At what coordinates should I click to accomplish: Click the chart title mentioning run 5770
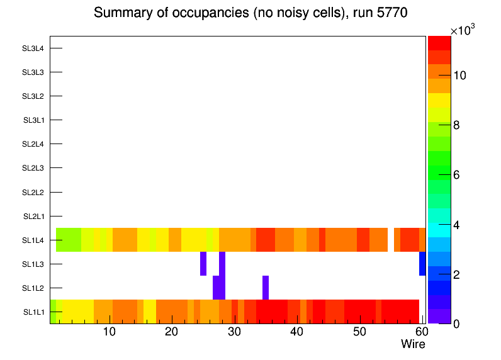point(250,13)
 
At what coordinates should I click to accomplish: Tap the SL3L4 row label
point(33,48)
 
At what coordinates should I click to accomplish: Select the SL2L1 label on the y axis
point(33,216)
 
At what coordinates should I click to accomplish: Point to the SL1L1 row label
point(33,312)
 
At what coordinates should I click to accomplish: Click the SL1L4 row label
point(33,240)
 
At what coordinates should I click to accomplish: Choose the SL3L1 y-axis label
point(33,120)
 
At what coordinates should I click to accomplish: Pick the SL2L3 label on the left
point(33,168)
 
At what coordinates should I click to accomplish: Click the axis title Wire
point(413,344)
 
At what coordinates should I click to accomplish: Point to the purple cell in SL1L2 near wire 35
point(266,288)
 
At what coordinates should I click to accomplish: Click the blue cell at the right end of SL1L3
point(422,264)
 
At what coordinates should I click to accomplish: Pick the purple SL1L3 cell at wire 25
point(203,264)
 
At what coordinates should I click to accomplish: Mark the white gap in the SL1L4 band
point(391,240)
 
